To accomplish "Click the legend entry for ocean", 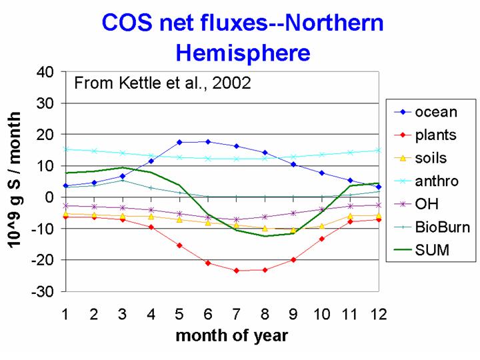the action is (x=425, y=113).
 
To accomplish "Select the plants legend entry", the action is (x=425, y=135).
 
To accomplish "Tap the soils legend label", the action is (x=431, y=158).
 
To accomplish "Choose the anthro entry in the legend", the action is (x=426, y=181).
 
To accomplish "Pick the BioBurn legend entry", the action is (x=432, y=227).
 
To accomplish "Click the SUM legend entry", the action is (x=421, y=250).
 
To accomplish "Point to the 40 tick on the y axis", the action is (x=45, y=73).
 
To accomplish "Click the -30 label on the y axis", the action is (x=42, y=291).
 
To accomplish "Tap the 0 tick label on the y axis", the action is (x=49, y=197).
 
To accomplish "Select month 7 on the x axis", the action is (x=236, y=315).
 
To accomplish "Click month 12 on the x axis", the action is (x=379, y=315).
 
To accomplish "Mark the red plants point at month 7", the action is (x=236, y=271).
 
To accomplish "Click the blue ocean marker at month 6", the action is (x=208, y=142).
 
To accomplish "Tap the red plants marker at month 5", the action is (x=179, y=245).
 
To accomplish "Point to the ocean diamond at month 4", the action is (x=151, y=161).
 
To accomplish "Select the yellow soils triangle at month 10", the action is (x=322, y=226).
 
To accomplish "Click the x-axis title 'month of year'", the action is (x=232, y=336).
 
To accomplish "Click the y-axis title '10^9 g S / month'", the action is (x=14, y=180).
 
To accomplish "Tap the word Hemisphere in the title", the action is (x=243, y=53).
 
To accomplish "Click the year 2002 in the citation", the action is (x=231, y=83).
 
